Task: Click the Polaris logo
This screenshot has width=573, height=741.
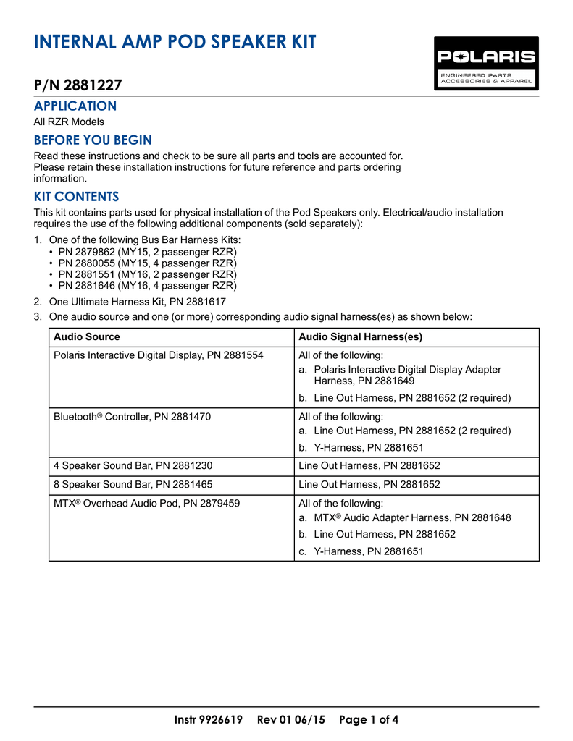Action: [x=486, y=63]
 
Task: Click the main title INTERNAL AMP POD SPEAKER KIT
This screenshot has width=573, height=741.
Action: [x=175, y=42]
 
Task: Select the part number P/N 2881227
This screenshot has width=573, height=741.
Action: [x=78, y=85]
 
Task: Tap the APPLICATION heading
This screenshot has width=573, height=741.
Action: [x=75, y=106]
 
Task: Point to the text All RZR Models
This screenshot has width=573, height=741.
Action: [x=70, y=122]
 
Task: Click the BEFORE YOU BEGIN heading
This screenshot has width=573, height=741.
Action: [x=93, y=140]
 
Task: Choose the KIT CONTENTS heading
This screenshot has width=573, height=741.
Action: [x=77, y=197]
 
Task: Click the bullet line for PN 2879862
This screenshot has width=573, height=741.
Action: [x=147, y=252]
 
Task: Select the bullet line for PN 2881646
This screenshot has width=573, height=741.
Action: [x=147, y=286]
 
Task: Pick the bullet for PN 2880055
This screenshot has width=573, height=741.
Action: [x=147, y=263]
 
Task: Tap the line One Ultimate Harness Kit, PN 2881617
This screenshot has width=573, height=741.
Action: [x=137, y=302]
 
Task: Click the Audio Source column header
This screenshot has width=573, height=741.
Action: [x=87, y=337]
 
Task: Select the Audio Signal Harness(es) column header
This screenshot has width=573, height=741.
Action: [x=361, y=337]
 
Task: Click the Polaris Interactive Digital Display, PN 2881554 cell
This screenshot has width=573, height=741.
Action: [x=159, y=355]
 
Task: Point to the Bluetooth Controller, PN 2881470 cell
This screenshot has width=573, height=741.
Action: [x=133, y=417]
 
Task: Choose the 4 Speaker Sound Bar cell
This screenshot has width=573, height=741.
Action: [x=133, y=466]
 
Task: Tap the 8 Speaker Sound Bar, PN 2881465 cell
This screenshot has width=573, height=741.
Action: [x=133, y=485]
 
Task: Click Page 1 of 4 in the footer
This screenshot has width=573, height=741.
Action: [x=369, y=720]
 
